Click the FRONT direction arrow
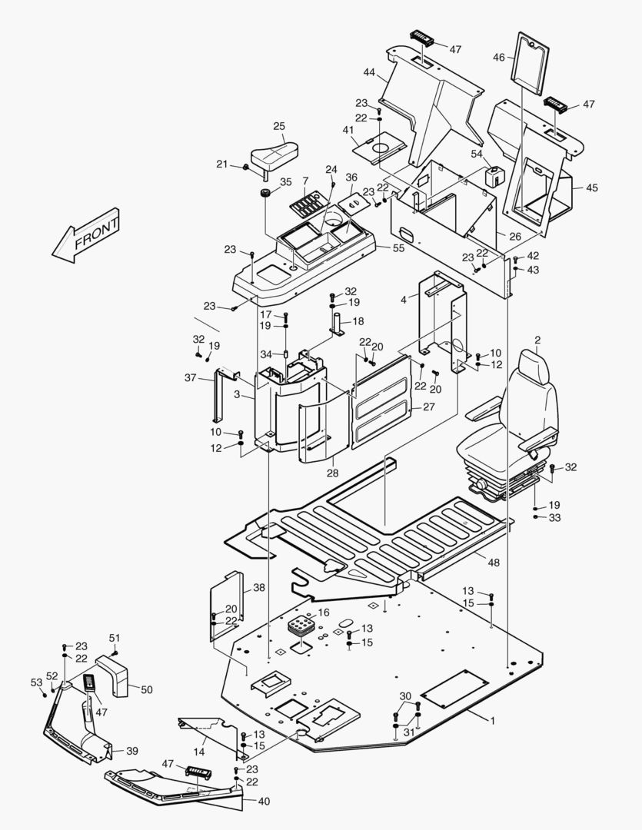pos(86,235)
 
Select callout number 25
pos(279,125)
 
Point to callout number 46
pos(499,57)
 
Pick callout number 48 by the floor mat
pos(494,563)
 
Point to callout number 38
pos(259,587)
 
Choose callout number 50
pos(146,689)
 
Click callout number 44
pos(369,72)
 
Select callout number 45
pos(591,188)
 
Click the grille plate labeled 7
pos(306,206)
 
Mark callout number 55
pos(398,248)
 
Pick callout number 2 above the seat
pos(537,340)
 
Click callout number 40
pos(264,802)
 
